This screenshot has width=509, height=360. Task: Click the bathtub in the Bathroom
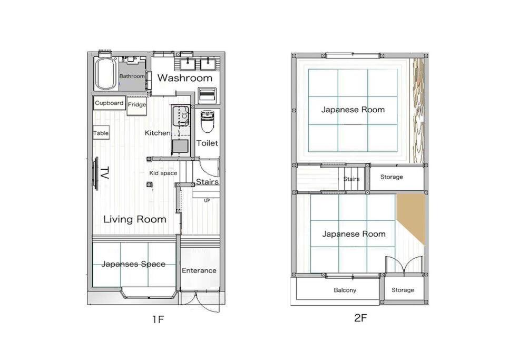coord(105,74)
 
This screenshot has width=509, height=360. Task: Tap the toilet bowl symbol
coord(207,122)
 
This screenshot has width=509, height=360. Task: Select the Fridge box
coord(136,106)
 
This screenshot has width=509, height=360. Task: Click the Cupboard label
coord(109,103)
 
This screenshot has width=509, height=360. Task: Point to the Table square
coord(101,133)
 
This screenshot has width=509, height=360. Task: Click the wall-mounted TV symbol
coord(95,173)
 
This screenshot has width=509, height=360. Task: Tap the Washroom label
coord(185,78)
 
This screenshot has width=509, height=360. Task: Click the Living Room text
coord(135,219)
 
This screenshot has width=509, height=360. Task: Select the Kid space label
coord(163,173)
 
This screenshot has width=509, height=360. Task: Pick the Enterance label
coord(199,270)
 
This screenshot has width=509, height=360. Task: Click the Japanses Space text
coord(133,264)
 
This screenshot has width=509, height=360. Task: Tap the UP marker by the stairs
coord(207,201)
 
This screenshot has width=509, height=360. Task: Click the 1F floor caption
coord(158,320)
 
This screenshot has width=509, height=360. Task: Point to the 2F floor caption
coord(360,318)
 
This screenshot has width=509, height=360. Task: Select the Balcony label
coord(345,290)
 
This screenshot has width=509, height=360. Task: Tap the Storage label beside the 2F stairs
coord(391,177)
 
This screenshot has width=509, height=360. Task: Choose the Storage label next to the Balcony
coord(403,290)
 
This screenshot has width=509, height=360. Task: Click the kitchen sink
coord(181,116)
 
